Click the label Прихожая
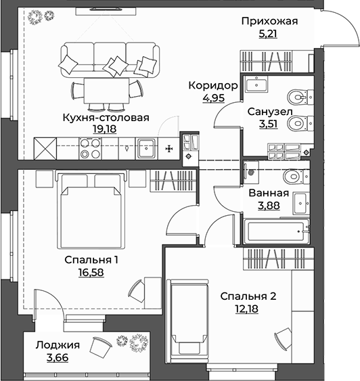click(269, 21)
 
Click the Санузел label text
click(269, 111)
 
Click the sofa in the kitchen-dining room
click(109, 58)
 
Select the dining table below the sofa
click(109, 88)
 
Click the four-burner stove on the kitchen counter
click(90, 148)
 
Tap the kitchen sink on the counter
click(146, 147)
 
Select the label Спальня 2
click(248, 296)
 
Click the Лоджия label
click(58, 344)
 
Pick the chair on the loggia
click(100, 346)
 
